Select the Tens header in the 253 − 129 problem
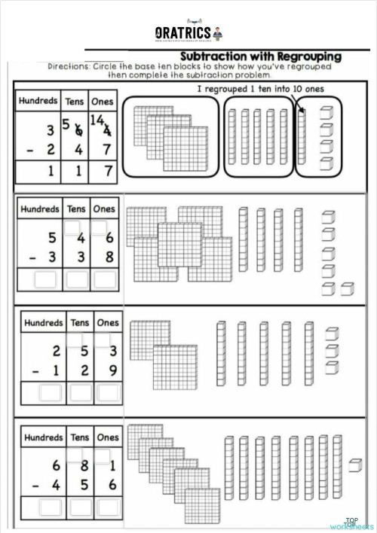tap(78, 322)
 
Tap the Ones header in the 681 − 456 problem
tap(107, 437)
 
